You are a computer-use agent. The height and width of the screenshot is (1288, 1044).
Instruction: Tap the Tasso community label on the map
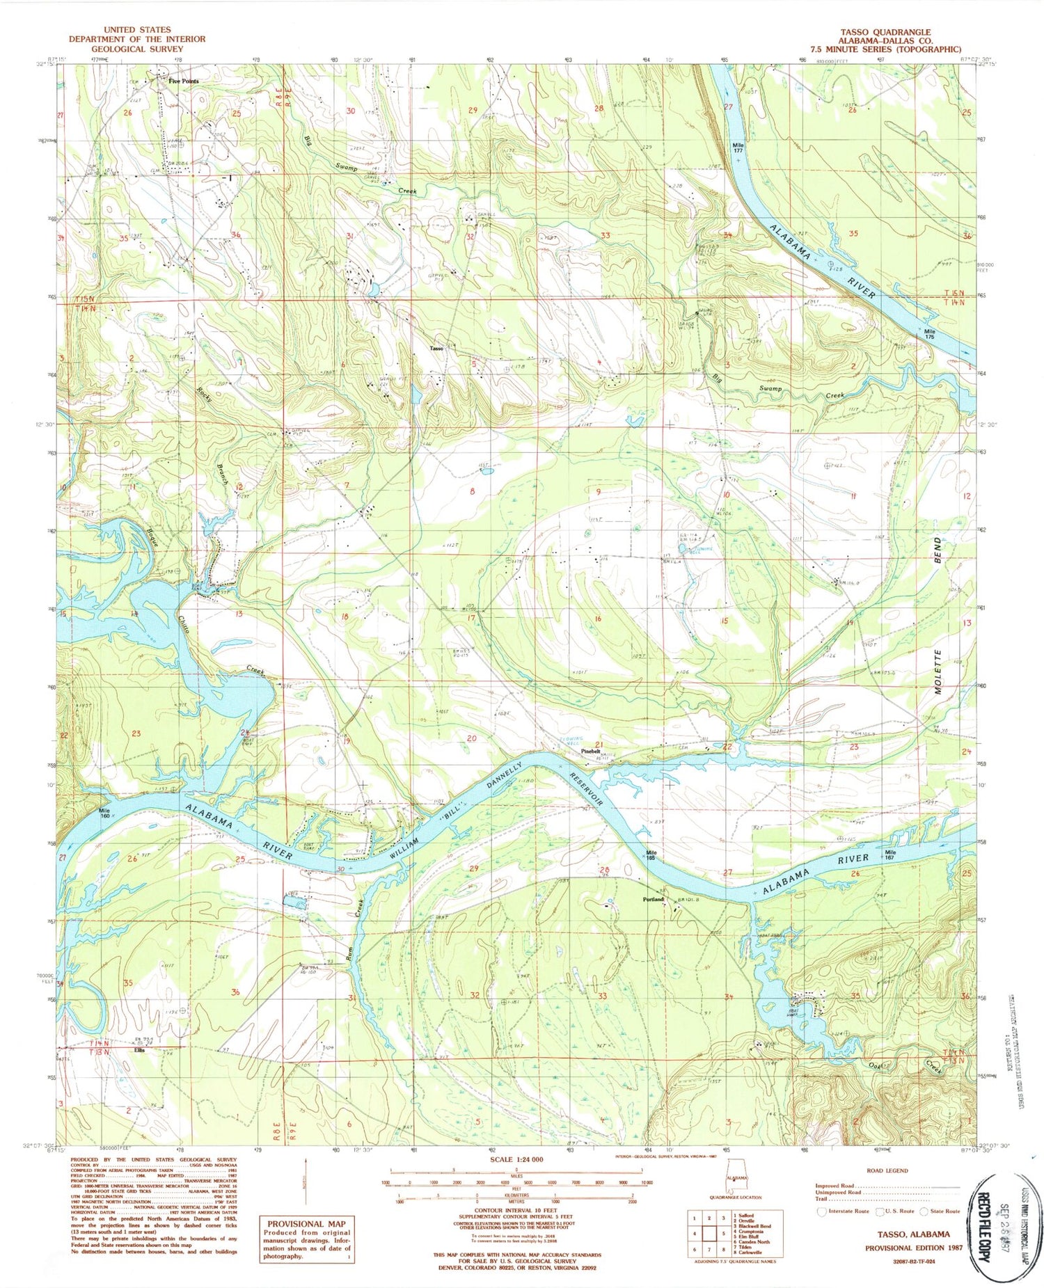[436, 348]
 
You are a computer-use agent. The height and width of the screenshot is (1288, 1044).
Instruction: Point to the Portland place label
[654, 900]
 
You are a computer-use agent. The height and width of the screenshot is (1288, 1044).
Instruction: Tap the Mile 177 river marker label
[738, 148]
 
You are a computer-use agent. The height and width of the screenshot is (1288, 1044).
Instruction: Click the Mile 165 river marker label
[651, 853]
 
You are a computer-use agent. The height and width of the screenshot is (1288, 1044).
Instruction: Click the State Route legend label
[943, 1211]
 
